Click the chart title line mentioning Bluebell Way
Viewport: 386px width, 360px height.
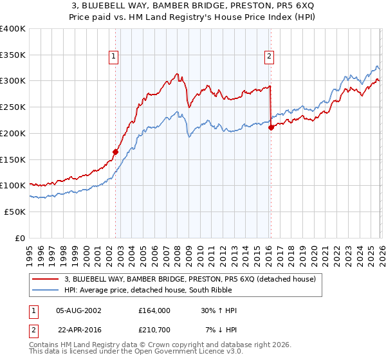click(x=193, y=6)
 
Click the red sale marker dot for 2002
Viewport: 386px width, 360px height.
click(x=116, y=152)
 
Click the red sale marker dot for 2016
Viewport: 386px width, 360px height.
click(x=271, y=127)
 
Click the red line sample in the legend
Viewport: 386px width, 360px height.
click(x=45, y=279)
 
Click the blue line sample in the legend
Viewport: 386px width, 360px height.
click(x=45, y=290)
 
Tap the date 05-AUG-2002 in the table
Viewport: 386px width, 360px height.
click(x=79, y=310)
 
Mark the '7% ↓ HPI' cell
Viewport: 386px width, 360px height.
click(x=221, y=328)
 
